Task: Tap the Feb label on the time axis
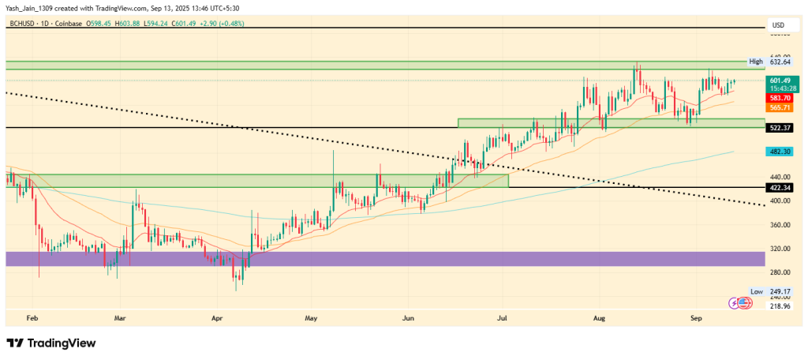[x=32, y=317]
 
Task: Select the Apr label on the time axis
[x=218, y=317]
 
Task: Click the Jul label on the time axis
[x=502, y=317]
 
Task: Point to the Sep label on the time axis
[x=696, y=317]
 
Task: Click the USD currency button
[x=778, y=24]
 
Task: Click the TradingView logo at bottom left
[x=52, y=343]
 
